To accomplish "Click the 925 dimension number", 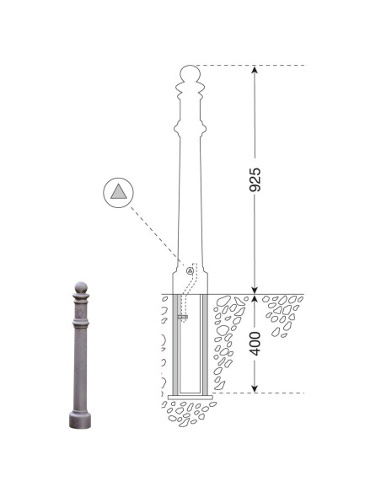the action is pos(255,179).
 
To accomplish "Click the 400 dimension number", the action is pos(255,344).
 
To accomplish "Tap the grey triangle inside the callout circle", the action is pos(119,192).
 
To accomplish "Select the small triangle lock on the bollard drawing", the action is pos(190,270).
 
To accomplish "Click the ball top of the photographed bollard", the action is pos(81,287).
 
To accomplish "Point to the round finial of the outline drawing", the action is pos(190,73).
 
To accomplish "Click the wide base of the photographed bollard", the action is pos(80,420).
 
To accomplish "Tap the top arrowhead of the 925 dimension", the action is pos(255,69).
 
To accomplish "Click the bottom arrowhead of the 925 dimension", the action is pos(255,291).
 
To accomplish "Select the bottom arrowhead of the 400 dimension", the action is pos(255,388).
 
